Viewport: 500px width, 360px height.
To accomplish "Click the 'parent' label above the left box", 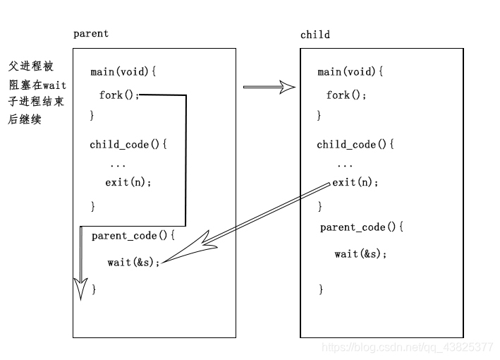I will [91, 33].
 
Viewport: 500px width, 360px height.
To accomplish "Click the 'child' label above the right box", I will [315, 35].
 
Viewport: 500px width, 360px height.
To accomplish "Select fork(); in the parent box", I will [120, 95].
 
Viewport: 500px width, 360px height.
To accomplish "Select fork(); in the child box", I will [347, 95].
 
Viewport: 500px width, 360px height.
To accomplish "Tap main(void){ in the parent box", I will [123, 72].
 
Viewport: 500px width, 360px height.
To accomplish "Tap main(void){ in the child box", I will [350, 72].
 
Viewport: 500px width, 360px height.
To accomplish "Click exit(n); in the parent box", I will [128, 182].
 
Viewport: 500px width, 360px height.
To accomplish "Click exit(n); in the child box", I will [355, 182].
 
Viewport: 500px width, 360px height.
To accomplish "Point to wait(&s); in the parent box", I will [133, 262].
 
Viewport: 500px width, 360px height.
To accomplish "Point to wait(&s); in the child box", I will [360, 253].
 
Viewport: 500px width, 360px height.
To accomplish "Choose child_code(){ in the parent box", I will [129, 145].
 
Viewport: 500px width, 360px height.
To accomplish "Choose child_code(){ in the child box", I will [355, 145].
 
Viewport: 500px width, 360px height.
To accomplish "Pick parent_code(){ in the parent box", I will [133, 236].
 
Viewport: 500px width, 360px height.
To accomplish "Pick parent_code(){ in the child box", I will [362, 227].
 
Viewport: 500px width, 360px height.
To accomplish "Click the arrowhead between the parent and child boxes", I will [286, 87].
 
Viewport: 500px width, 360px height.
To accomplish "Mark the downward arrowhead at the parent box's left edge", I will [81, 288].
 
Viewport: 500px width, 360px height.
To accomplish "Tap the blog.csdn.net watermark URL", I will [407, 347].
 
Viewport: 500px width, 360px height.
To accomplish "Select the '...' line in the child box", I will [345, 164].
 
